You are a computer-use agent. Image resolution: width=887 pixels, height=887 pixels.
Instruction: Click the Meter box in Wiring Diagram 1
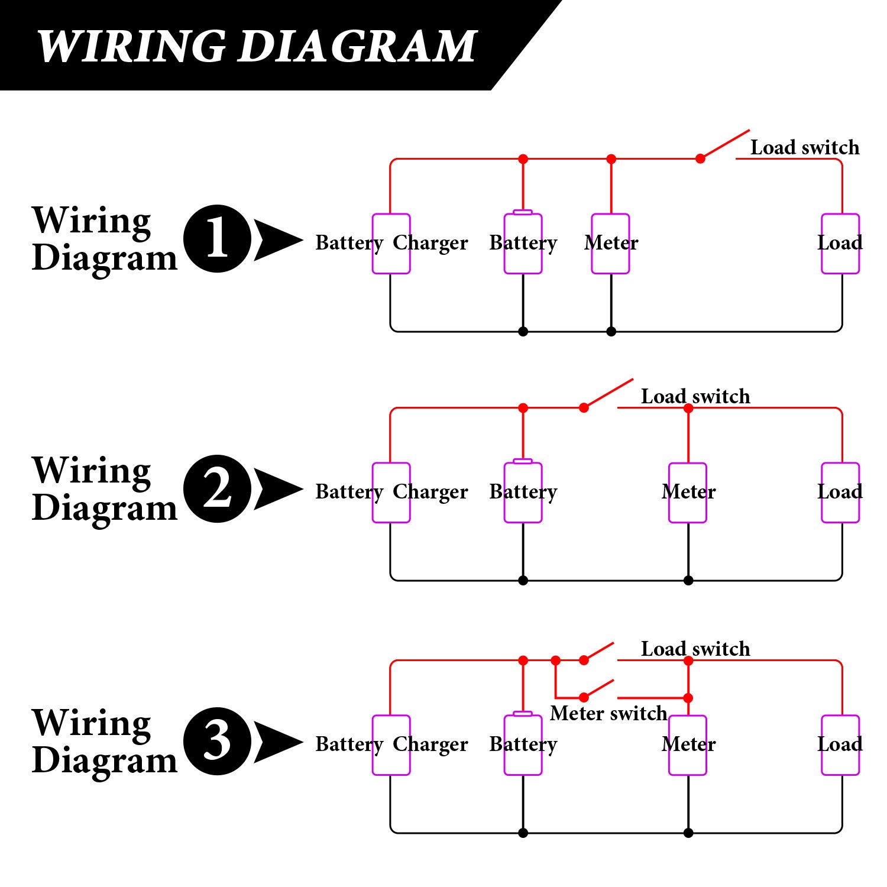[610, 244]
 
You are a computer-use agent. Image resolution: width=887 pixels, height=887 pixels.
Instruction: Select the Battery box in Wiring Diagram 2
[523, 493]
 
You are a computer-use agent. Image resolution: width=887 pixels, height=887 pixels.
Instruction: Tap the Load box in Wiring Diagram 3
[840, 745]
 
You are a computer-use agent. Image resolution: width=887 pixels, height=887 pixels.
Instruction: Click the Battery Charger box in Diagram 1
[391, 244]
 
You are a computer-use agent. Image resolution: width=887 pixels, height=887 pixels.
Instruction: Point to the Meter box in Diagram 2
[688, 493]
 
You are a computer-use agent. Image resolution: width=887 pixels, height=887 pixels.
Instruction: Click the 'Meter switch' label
[608, 713]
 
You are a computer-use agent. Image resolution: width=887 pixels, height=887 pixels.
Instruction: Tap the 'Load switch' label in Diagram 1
[804, 147]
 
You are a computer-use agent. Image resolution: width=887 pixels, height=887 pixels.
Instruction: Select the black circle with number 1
[218, 238]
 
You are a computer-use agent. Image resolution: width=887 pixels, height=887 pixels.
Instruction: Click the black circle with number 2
[218, 488]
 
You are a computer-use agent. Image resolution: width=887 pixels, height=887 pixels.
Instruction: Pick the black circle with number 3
[218, 741]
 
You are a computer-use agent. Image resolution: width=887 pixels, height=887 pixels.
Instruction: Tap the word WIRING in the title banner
[131, 46]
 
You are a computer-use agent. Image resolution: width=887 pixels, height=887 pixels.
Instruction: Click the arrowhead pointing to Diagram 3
[277, 742]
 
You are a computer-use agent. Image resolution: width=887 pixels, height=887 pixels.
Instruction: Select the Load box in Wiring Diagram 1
[840, 244]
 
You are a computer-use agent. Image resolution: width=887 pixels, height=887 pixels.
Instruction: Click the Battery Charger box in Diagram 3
[391, 745]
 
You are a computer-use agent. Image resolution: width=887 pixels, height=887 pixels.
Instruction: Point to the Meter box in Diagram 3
[688, 745]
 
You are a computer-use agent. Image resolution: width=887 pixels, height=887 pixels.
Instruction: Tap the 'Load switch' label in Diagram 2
[695, 396]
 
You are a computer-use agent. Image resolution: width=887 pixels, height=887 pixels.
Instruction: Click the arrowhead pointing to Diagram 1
[277, 239]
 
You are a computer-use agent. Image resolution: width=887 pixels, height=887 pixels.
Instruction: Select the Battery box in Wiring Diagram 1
[523, 244]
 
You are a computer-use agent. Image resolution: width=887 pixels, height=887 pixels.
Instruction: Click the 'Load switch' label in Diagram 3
[695, 649]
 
